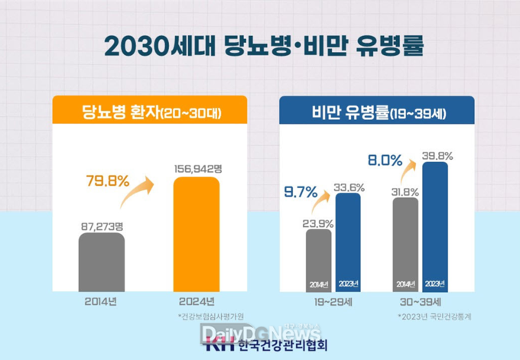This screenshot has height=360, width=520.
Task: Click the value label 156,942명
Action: (197, 169)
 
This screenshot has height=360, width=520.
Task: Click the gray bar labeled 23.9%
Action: (320, 260)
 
